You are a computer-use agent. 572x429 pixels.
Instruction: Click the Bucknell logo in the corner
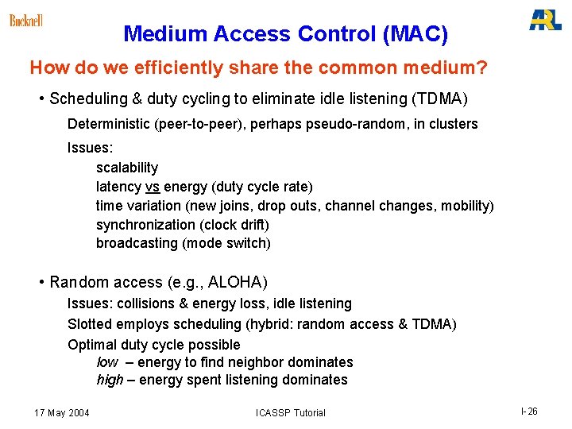(25, 20)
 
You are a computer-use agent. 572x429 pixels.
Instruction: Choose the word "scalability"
(127, 168)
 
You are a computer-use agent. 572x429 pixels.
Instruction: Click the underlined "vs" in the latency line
(153, 187)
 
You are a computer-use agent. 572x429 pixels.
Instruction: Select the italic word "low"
(107, 362)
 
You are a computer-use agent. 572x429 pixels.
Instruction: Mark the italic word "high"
(110, 380)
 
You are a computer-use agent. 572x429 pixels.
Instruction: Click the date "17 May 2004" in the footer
(62, 412)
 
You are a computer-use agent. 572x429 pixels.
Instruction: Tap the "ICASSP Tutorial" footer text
(290, 412)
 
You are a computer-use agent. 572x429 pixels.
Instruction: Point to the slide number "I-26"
(529, 412)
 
